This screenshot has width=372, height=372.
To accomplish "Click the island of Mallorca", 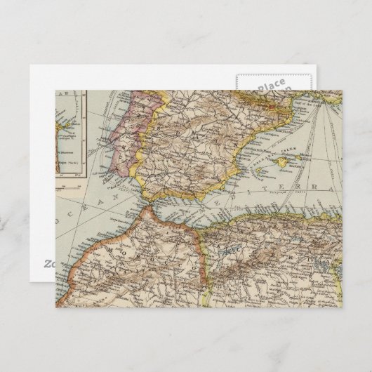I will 287,164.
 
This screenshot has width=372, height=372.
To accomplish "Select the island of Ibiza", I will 262,175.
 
